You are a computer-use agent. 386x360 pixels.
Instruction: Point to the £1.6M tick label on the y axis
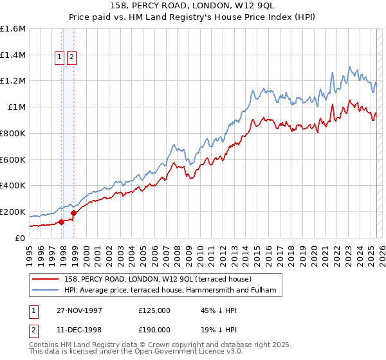tap(13, 29)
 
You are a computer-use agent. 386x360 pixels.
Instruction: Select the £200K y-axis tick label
tap(13, 212)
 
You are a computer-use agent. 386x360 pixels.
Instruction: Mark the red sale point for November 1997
tap(62, 222)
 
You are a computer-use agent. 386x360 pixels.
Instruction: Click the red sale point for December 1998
tap(73, 213)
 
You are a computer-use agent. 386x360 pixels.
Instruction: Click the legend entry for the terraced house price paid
tap(161, 279)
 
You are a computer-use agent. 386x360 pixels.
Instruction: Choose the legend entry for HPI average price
tap(170, 291)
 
